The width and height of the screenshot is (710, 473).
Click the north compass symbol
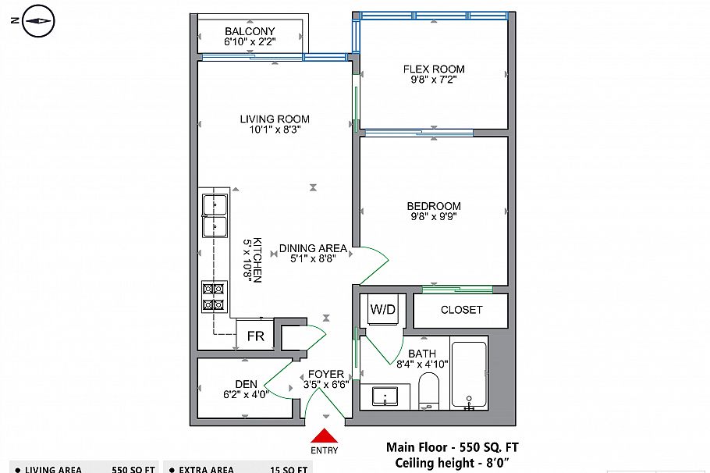point(37,22)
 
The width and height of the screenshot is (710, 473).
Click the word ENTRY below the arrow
point(325,450)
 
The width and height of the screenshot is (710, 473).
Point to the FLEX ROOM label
point(433,69)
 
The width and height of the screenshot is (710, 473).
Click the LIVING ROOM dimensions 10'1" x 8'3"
point(274,130)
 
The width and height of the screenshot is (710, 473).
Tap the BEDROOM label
point(433,206)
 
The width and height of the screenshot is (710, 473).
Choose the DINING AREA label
point(313,249)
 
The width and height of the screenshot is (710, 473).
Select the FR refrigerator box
point(255,336)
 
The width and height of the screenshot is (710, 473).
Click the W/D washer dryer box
point(383,309)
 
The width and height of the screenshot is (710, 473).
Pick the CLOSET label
point(461,310)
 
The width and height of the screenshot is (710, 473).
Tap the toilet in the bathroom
point(429,390)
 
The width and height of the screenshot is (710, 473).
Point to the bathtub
point(469,374)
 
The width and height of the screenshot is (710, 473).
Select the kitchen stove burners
point(214,297)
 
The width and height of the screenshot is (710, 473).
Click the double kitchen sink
point(215,215)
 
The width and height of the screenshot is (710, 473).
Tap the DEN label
point(247,383)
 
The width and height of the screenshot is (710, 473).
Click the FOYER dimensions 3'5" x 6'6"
point(325,385)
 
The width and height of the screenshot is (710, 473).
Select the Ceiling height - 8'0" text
point(456,463)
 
